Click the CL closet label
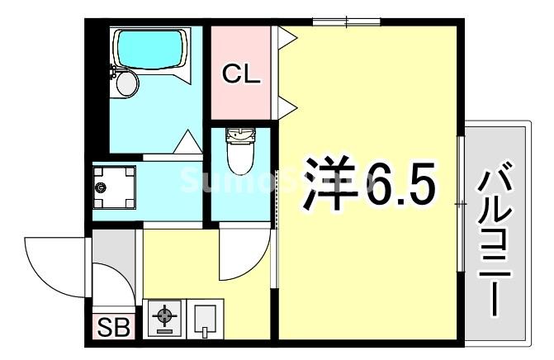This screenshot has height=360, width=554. pos(242,75)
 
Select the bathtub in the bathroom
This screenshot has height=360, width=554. pos(150,50)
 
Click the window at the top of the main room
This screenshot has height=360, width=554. pos(346,21)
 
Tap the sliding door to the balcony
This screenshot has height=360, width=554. pos(460,201)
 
